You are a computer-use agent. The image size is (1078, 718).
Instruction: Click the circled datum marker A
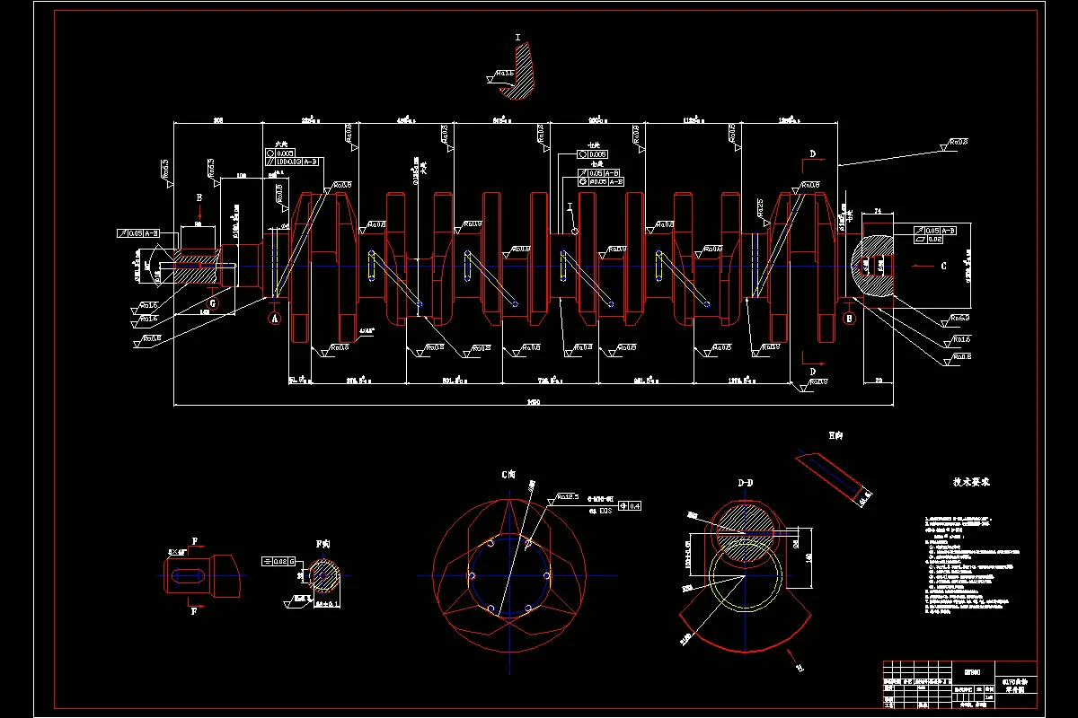coord(275,318)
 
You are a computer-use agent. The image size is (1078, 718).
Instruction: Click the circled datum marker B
coord(849,318)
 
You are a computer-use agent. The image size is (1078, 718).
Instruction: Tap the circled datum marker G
coord(212,303)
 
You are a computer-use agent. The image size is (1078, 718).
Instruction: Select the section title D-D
coord(745,484)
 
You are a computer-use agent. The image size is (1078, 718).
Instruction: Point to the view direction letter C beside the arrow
coord(943,266)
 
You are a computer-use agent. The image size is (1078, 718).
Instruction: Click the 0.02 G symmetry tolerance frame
coord(278,561)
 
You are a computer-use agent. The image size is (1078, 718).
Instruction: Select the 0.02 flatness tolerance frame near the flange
coord(933,240)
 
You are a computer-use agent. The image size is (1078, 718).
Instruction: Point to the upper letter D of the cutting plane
coord(812,154)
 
